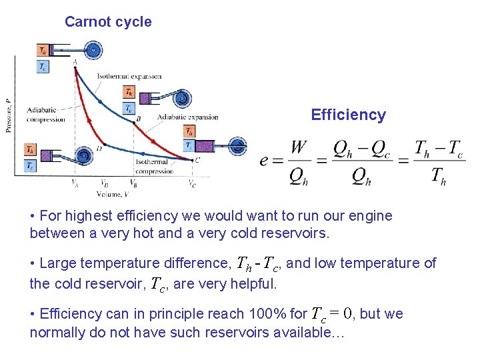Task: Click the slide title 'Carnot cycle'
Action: (108, 22)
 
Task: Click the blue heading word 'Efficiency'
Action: (348, 115)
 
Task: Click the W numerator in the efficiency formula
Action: (299, 147)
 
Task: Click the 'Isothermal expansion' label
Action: (129, 76)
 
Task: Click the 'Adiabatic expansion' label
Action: (187, 117)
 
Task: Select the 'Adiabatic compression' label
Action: (46, 115)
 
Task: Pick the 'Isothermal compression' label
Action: (154, 167)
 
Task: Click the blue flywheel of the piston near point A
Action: (94, 50)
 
